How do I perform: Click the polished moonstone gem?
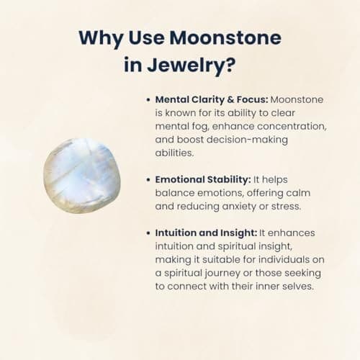point(82,176)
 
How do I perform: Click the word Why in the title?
point(101,38)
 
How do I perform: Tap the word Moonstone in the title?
point(225,37)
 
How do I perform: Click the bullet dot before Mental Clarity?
point(148,100)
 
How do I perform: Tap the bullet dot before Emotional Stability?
point(148,180)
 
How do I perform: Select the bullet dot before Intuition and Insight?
point(148,233)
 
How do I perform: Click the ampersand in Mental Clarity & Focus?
point(230,99)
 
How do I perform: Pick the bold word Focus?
point(252,99)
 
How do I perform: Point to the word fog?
point(200,127)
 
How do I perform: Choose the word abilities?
point(174,153)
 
